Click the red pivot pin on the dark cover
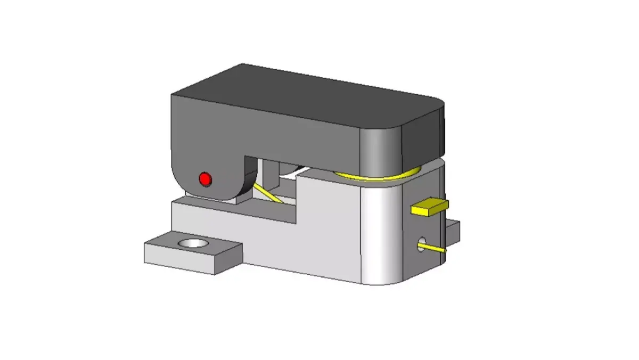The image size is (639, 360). (x=205, y=179)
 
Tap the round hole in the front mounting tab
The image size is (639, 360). (x=194, y=243)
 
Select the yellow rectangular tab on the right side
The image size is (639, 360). (x=430, y=207)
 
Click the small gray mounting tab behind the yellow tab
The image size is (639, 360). (x=454, y=227)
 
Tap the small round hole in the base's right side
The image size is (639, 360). (x=422, y=244)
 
